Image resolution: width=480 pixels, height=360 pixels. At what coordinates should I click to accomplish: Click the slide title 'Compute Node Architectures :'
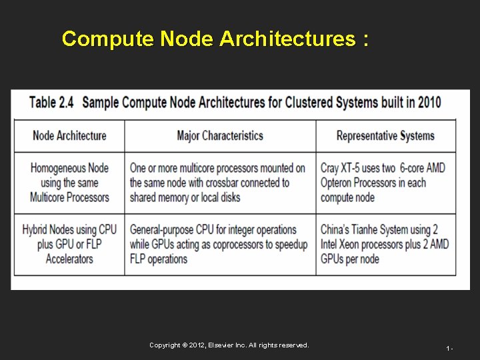[214, 39]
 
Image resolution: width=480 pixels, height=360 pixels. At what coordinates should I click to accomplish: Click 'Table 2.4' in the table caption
[52, 103]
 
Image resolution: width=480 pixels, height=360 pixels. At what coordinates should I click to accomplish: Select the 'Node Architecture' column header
[69, 136]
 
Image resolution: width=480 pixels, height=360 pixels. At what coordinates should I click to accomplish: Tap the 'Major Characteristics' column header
[220, 136]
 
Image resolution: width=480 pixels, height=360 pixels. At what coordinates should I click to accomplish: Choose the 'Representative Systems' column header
[385, 136]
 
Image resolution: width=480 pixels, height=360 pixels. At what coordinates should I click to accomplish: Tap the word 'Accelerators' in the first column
[69, 259]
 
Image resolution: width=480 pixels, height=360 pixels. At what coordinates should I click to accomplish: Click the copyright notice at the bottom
[229, 345]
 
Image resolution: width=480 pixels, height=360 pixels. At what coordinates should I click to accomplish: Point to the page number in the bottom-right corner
[450, 348]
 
